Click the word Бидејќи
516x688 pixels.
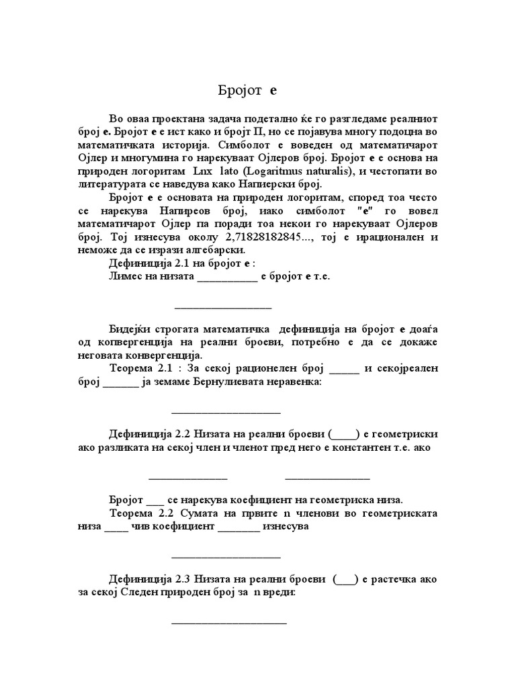pyautogui.click(x=129, y=329)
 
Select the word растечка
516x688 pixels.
pyautogui.click(x=398, y=578)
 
